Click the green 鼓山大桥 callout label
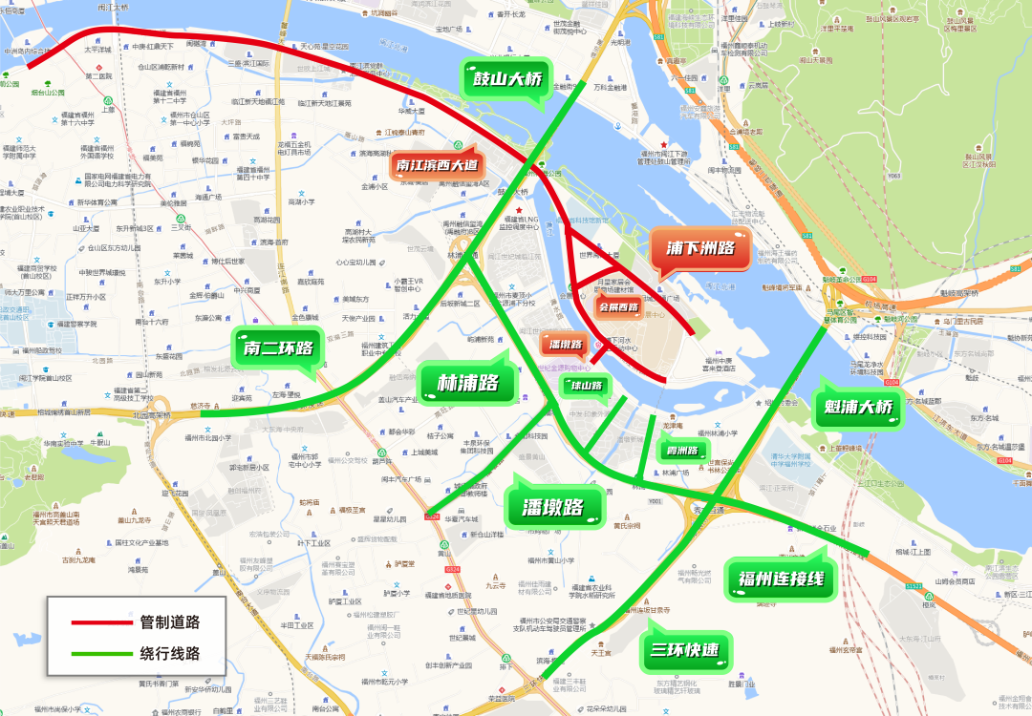click(507, 79)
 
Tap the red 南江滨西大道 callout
click(436, 165)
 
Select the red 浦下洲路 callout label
click(700, 248)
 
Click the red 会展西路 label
click(618, 306)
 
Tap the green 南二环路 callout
click(278, 348)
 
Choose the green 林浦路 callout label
click(468, 383)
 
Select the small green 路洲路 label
click(682, 450)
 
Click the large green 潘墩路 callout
click(559, 507)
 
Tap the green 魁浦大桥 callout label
click(857, 409)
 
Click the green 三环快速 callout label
click(686, 652)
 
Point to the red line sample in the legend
click(100, 622)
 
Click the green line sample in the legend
click(100, 655)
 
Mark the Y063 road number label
click(894, 176)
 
